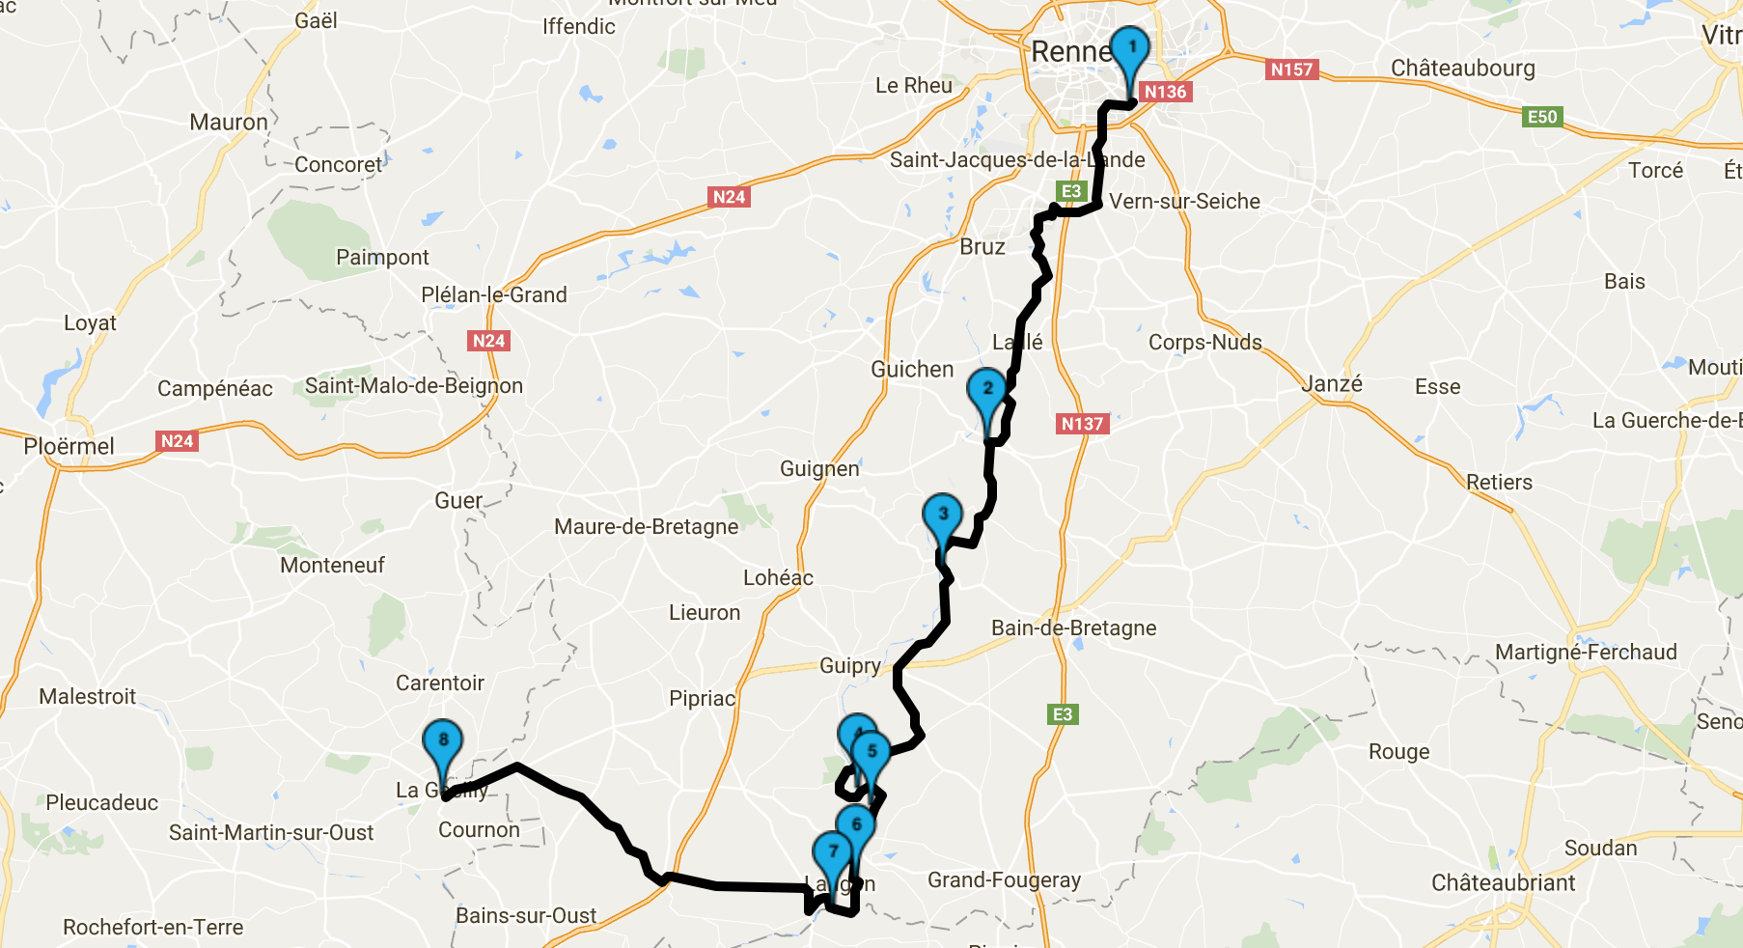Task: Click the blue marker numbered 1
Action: pyautogui.click(x=1130, y=49)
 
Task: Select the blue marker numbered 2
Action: pyautogui.click(x=986, y=391)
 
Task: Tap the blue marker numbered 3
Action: pyautogui.click(x=942, y=516)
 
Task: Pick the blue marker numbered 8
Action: pyautogui.click(x=443, y=742)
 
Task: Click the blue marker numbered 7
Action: pyautogui.click(x=832, y=854)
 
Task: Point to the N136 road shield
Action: pyautogui.click(x=1165, y=92)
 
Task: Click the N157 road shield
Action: pyautogui.click(x=1291, y=70)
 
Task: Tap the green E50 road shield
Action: pyautogui.click(x=1541, y=117)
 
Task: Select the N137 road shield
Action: pyautogui.click(x=1082, y=424)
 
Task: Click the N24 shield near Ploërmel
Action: pyautogui.click(x=177, y=441)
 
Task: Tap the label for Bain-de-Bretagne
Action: pyautogui.click(x=1073, y=628)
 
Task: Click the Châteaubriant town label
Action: pyautogui.click(x=1503, y=883)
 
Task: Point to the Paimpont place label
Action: pyautogui.click(x=382, y=258)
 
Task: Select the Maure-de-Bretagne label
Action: pyautogui.click(x=646, y=527)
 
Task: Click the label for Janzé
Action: pyautogui.click(x=1332, y=384)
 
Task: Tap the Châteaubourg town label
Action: pyautogui.click(x=1462, y=69)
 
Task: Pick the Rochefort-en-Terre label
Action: pyautogui.click(x=152, y=928)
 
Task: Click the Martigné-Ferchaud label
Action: pyautogui.click(x=1586, y=653)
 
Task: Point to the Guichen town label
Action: pyautogui.click(x=912, y=370)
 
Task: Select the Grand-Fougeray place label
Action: pyautogui.click(x=1004, y=880)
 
